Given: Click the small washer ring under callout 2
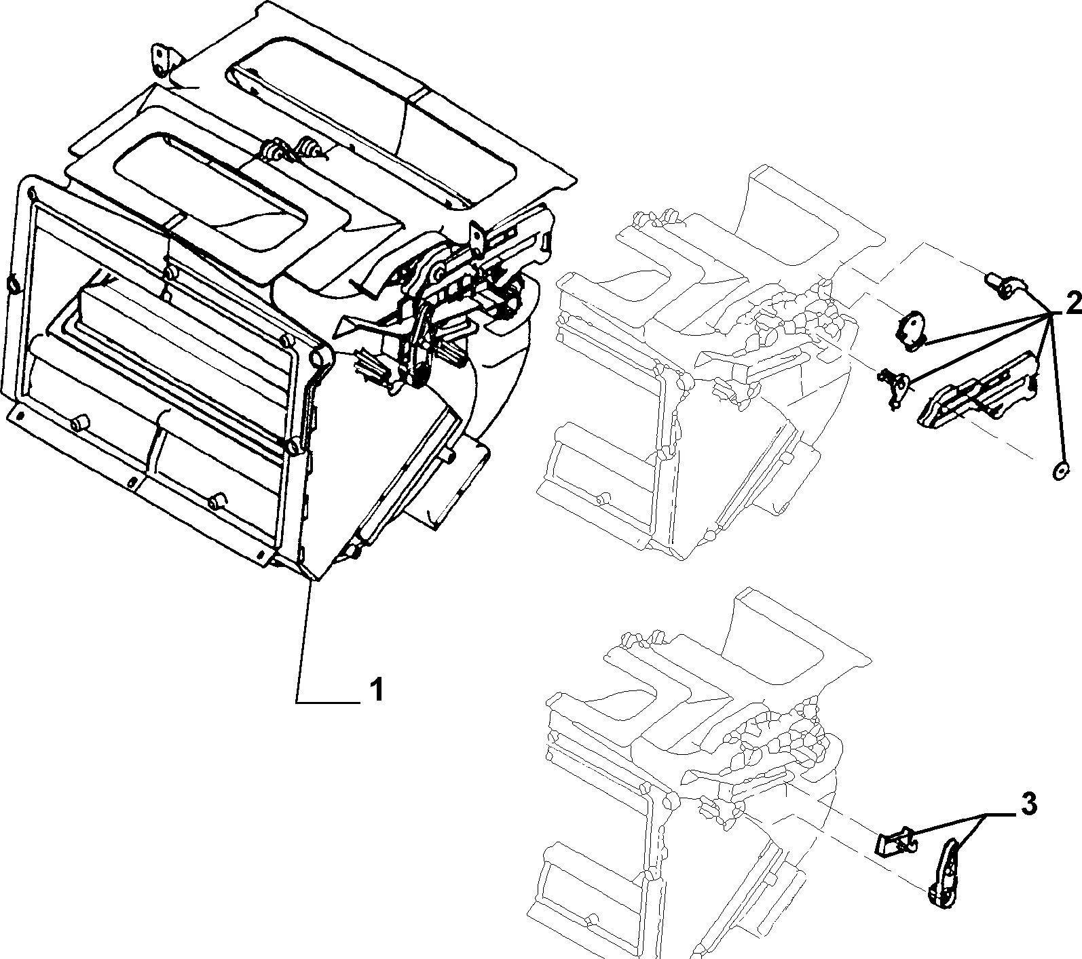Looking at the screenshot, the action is coord(1060,469).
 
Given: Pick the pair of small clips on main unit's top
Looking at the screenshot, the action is coord(293,149).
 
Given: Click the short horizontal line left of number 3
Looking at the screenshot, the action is coord(1001,813).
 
